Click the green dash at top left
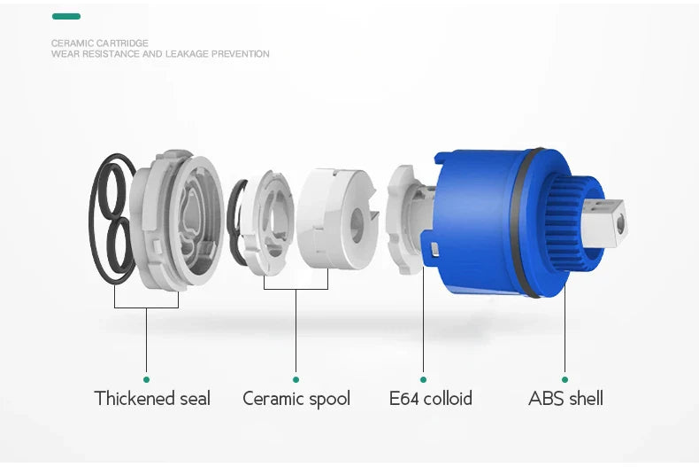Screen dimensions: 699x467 [66, 17]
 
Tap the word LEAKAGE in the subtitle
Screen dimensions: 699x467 [187, 54]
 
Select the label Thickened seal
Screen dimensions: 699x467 [152, 398]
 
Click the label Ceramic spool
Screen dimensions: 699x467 [296, 399]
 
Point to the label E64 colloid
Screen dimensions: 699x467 [431, 398]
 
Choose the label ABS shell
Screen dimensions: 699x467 [565, 398]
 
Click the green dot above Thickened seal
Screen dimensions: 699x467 [146, 379]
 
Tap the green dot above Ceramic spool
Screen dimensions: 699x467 [296, 379]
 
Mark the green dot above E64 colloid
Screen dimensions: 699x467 [423, 379]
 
